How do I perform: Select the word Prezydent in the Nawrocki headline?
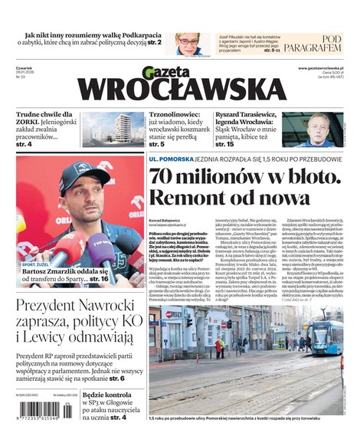(54, 308)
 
